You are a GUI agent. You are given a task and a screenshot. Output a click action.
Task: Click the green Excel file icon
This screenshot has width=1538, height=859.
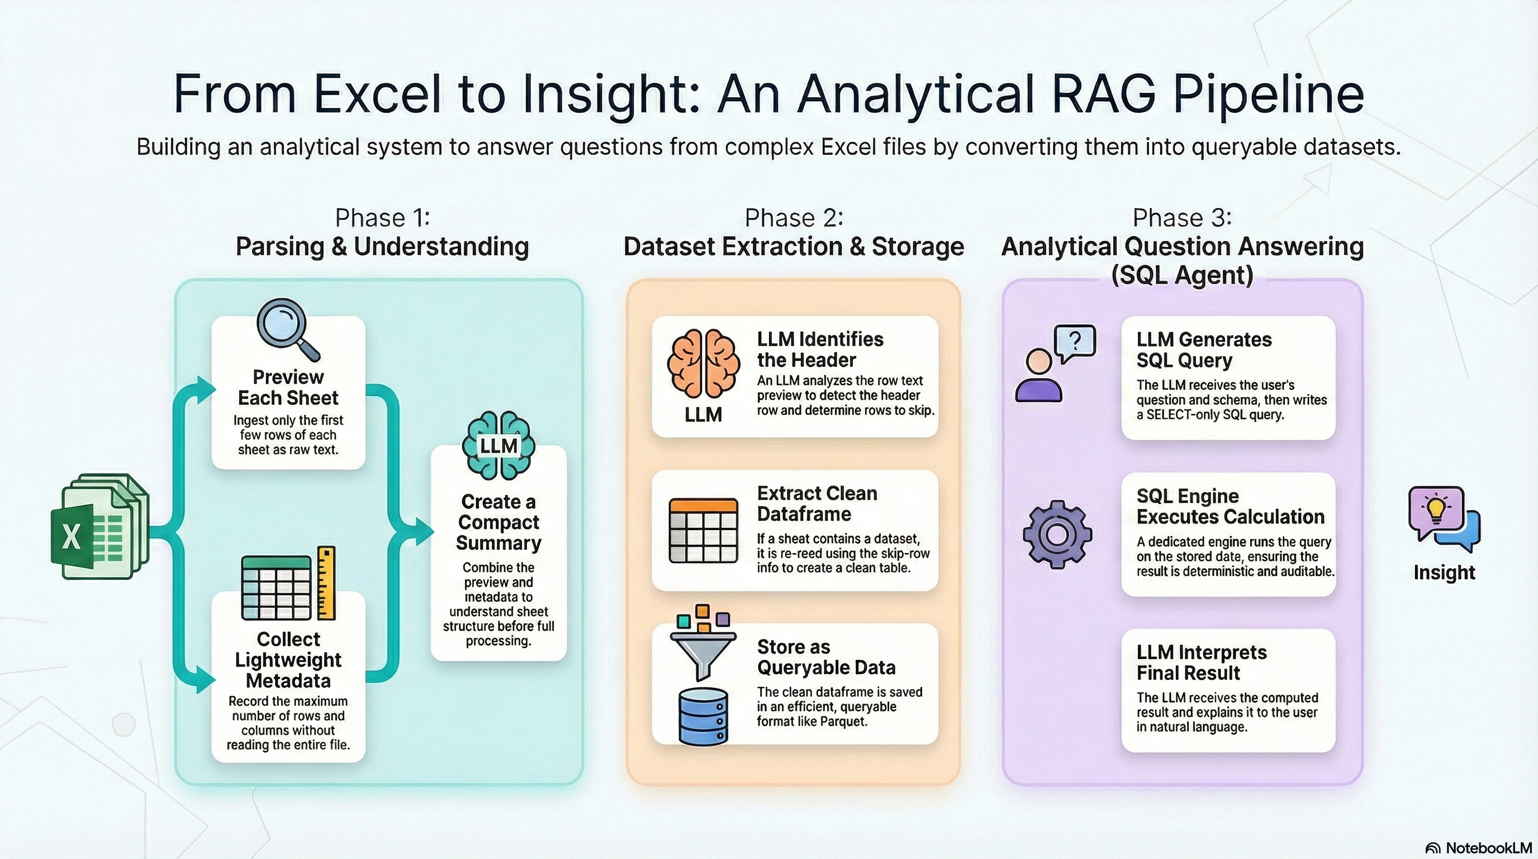click(x=99, y=526)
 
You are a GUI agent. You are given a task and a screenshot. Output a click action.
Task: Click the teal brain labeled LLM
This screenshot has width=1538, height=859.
click(x=499, y=445)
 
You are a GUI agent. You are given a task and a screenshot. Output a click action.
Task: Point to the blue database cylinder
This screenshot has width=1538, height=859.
click(x=703, y=716)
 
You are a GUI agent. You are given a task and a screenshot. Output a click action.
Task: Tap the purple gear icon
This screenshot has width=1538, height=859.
click(x=1057, y=534)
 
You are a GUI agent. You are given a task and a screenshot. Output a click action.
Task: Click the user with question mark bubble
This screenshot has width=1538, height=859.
click(x=1056, y=363)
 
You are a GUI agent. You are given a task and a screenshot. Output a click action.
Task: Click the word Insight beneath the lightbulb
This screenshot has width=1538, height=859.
click(x=1444, y=572)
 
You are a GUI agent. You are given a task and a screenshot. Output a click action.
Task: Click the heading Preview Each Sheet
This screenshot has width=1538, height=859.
click(x=288, y=387)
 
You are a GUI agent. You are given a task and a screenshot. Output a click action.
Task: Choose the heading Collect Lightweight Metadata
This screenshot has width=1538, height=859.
click(x=288, y=659)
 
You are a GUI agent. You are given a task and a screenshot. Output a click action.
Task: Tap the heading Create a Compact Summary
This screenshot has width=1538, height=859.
click(x=499, y=522)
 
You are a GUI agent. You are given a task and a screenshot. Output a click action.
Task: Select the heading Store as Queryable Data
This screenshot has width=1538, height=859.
click(x=827, y=657)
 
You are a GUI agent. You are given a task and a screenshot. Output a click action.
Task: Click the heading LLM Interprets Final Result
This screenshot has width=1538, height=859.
click(x=1201, y=663)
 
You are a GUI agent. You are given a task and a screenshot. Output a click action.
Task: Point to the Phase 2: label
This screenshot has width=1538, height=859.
click(x=794, y=218)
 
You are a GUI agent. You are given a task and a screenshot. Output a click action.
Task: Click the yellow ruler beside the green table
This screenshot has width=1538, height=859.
click(x=326, y=582)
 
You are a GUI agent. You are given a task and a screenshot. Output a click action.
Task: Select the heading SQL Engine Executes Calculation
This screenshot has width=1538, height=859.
click(x=1231, y=506)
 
